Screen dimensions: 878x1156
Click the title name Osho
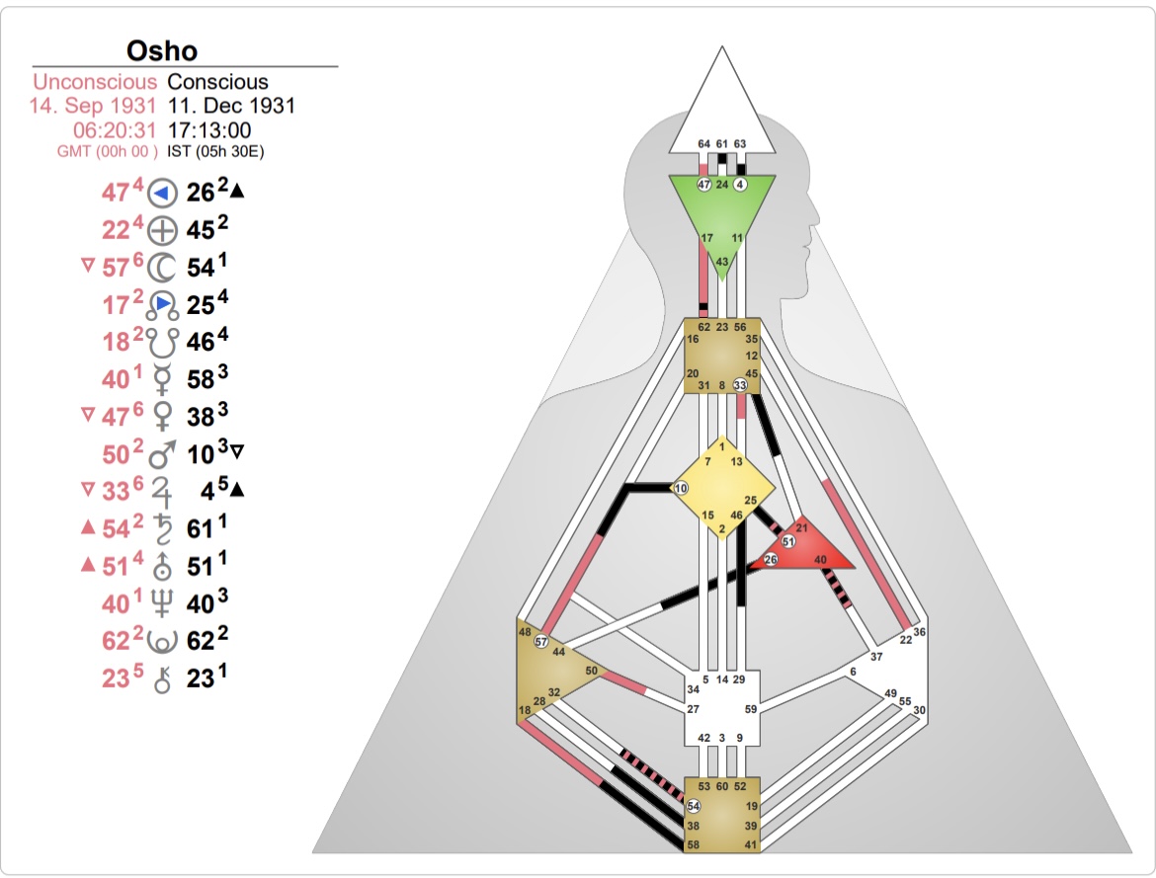point(162,50)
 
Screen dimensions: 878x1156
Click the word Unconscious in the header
point(95,82)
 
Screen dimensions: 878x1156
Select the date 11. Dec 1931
point(231,106)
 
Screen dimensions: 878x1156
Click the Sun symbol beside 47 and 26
point(162,194)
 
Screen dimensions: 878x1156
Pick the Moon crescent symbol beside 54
point(161,268)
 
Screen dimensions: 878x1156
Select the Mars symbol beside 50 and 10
point(162,455)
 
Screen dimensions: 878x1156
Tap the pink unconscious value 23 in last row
point(116,678)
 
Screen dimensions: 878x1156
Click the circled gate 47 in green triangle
point(704,185)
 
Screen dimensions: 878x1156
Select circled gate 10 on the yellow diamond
point(681,488)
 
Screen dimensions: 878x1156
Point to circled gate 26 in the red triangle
point(771,560)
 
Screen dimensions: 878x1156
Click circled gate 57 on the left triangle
point(541,642)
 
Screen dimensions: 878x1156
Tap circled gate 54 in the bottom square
point(694,806)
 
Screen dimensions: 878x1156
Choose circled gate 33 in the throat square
point(740,384)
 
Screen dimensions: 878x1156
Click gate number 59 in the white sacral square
point(751,709)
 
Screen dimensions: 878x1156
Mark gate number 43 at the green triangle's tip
point(722,262)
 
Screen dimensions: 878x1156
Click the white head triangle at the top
point(721,109)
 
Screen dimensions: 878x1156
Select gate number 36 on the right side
point(919,632)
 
